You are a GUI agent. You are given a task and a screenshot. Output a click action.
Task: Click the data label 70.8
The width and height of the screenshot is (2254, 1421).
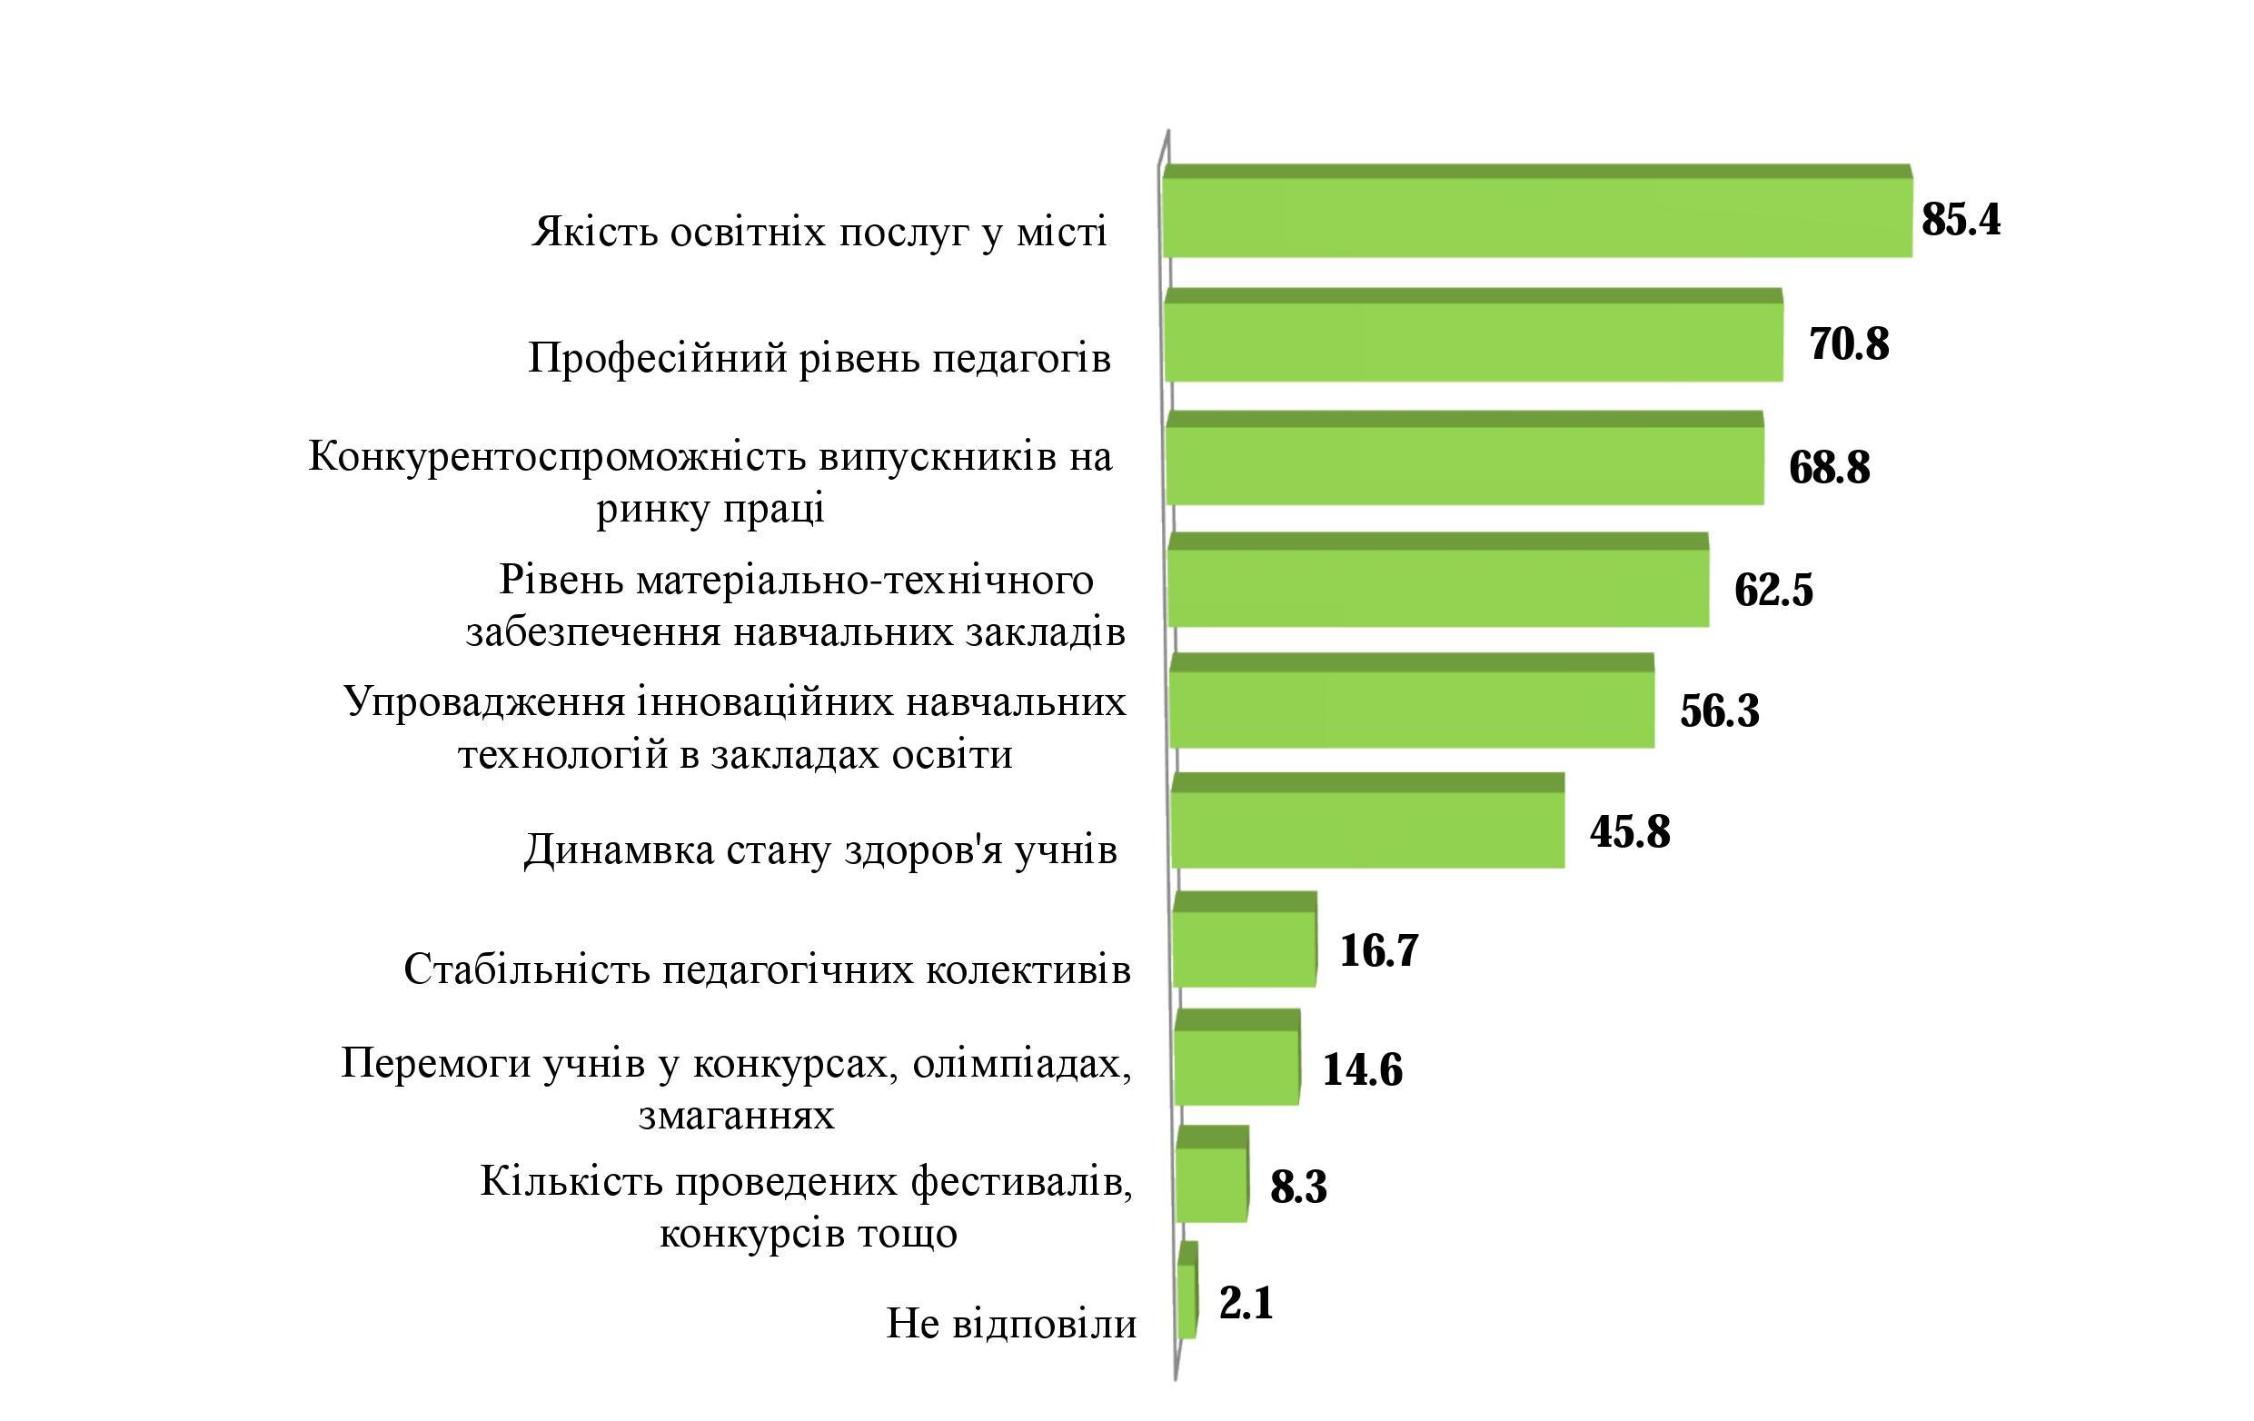pos(1849,343)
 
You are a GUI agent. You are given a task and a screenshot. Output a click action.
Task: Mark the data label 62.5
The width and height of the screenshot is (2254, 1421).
pos(1772,590)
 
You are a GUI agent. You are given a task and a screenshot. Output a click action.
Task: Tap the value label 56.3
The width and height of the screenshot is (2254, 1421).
pos(1720,710)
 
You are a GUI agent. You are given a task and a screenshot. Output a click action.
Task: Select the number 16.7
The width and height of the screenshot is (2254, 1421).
pos(1379,950)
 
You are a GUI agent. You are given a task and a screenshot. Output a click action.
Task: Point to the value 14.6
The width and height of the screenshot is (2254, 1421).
pos(1362,1069)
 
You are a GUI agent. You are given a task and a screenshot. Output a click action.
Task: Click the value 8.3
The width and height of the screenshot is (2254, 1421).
pos(1298,1187)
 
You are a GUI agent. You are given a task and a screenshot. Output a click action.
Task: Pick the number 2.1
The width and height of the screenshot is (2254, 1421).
pos(1246,1303)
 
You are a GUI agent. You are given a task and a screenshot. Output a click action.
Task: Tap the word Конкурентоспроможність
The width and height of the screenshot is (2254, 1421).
pos(557,457)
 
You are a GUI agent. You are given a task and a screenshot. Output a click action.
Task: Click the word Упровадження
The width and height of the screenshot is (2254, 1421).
pos(484,701)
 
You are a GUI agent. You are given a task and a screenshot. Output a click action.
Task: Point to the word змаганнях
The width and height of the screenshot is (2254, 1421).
pos(737,1115)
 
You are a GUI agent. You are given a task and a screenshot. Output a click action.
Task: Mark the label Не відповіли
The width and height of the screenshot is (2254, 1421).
pos(1011,1324)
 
